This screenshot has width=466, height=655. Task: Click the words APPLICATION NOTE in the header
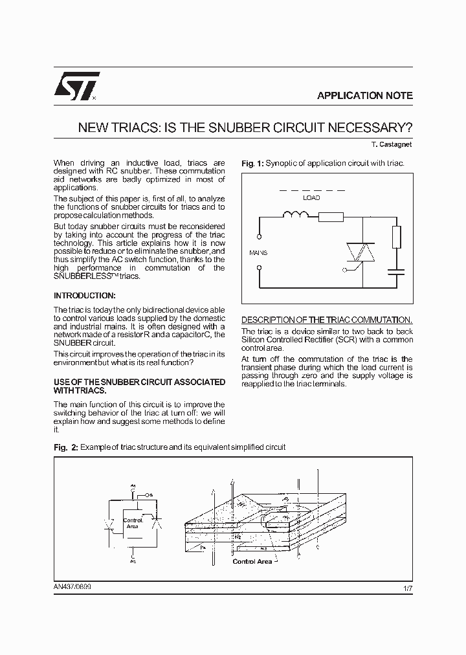click(364, 95)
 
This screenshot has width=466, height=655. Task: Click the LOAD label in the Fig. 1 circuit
click(311, 198)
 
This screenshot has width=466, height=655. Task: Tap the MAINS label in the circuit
click(258, 252)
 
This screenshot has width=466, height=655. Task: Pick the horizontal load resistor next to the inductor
click(331, 217)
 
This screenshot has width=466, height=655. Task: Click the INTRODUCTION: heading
click(84, 295)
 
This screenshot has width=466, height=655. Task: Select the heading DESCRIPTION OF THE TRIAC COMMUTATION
click(326, 320)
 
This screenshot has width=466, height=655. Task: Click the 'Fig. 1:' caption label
click(252, 163)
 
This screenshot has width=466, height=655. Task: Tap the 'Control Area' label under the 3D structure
click(252, 561)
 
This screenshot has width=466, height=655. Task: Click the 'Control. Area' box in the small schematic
click(133, 523)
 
